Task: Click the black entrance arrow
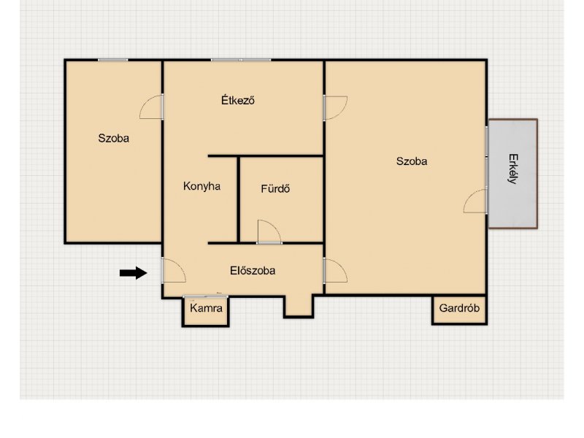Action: point(134,273)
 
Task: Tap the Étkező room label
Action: point(238,100)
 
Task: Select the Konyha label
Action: point(202,186)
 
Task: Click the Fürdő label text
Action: point(275,188)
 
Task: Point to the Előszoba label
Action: point(253,270)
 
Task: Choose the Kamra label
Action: point(206,308)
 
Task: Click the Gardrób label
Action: point(459,308)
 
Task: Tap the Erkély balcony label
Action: point(513,169)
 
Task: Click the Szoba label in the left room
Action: point(114,138)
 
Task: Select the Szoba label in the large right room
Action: point(412,161)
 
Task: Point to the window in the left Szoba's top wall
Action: point(113,60)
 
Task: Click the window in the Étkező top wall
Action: point(241,60)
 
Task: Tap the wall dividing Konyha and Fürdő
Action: point(239,199)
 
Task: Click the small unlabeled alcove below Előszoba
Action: point(299,305)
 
